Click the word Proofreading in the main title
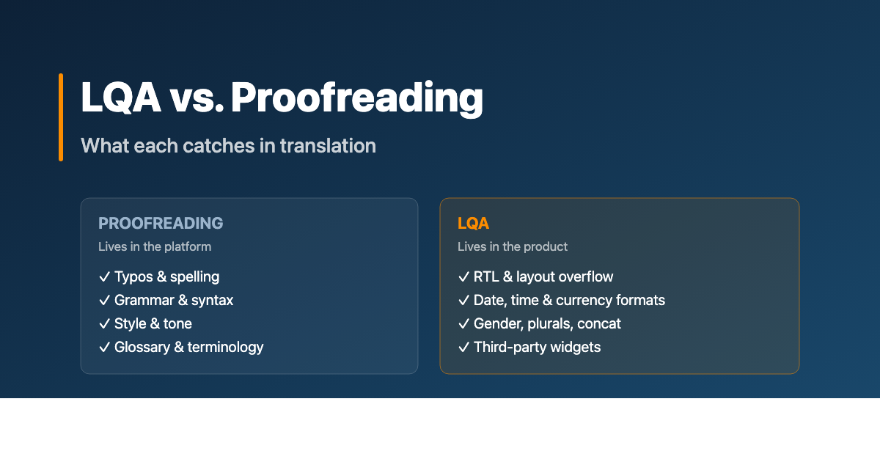pyautogui.click(x=357, y=98)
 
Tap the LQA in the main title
pyautogui.click(x=121, y=98)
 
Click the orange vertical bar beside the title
pyautogui.click(x=61, y=117)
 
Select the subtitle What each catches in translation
pyautogui.click(x=228, y=145)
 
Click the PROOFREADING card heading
pyautogui.click(x=161, y=223)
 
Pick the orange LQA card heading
pyautogui.click(x=473, y=223)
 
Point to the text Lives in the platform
pyautogui.click(x=155, y=246)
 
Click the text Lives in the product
pyautogui.click(x=513, y=246)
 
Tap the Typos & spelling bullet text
pyautogui.click(x=167, y=276)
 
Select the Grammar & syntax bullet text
pyautogui.click(x=174, y=300)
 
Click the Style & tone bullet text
pyautogui.click(x=153, y=323)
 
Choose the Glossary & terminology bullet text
pyautogui.click(x=189, y=347)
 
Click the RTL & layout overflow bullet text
pyautogui.click(x=543, y=276)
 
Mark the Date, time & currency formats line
pyautogui.click(x=569, y=300)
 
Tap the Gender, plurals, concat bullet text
pyautogui.click(x=547, y=323)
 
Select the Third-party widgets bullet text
pyautogui.click(x=537, y=347)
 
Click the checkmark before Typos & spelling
pyautogui.click(x=104, y=277)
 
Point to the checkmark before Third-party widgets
pyautogui.click(x=463, y=348)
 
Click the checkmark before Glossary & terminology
pyautogui.click(x=104, y=348)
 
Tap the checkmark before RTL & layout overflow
pyautogui.click(x=463, y=277)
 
